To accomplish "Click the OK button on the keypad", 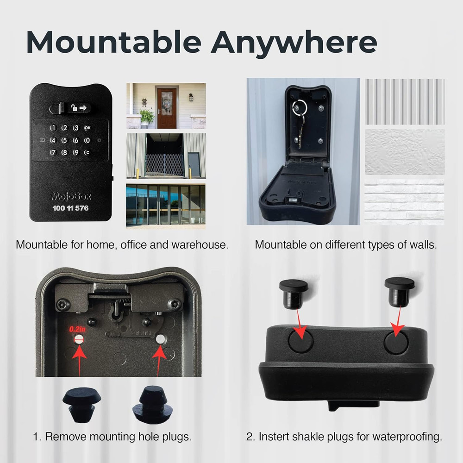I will pyautogui.click(x=87, y=128).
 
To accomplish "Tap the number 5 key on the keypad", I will pyautogui.click(x=64, y=140).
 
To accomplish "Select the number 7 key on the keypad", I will pyautogui.click(x=53, y=152).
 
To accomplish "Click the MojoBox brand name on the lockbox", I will pyautogui.click(x=71, y=196).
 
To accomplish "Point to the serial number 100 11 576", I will pyautogui.click(x=70, y=208).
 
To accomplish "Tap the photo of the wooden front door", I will pyautogui.click(x=166, y=106).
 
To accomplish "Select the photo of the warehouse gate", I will pyautogui.click(x=166, y=156).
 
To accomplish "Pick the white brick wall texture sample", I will pyautogui.click(x=404, y=202).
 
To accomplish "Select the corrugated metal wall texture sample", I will pyautogui.click(x=405, y=101).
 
